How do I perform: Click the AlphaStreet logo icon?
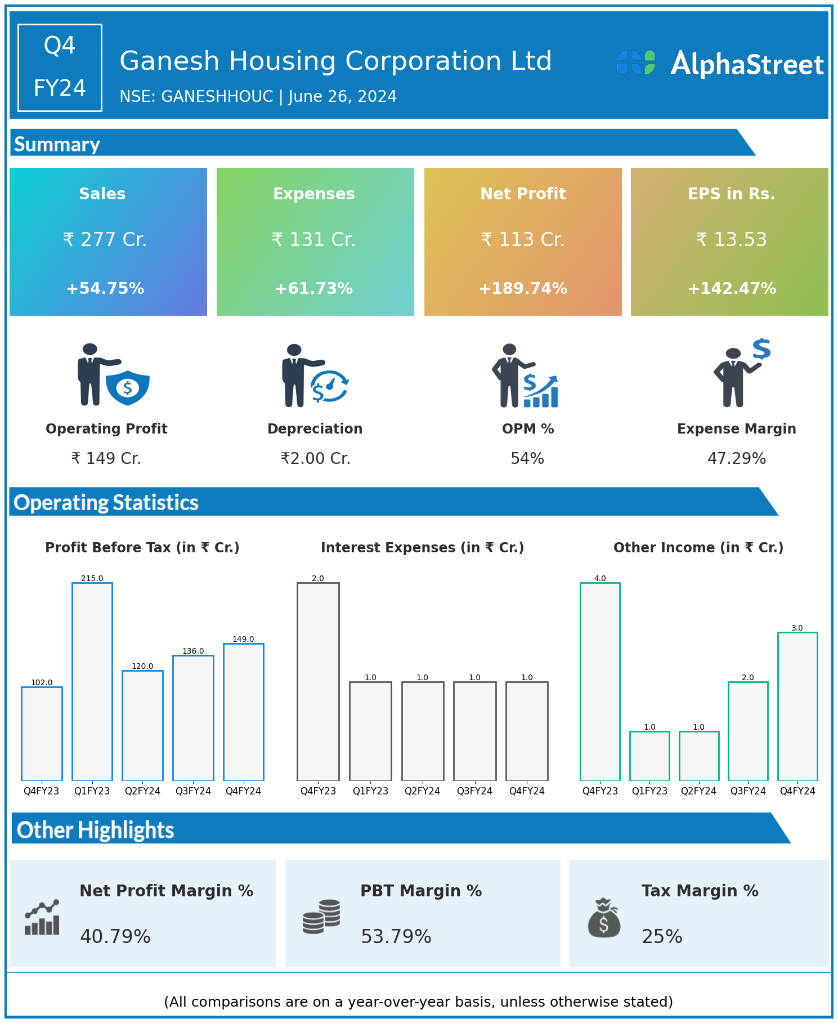(636, 62)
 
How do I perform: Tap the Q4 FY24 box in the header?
(60, 68)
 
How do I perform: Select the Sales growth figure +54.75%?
(105, 289)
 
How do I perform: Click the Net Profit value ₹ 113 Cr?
(523, 240)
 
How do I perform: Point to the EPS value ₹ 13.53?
(731, 240)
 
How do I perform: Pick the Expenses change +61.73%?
(314, 289)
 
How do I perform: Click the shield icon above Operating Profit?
(128, 387)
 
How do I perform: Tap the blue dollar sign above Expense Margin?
(761, 349)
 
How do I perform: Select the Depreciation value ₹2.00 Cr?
(315, 459)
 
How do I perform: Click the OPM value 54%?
(527, 459)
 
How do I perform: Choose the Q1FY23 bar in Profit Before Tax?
(92, 681)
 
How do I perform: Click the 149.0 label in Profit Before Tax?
(243, 639)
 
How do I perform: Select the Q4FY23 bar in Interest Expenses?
(318, 681)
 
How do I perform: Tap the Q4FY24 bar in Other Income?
(797, 706)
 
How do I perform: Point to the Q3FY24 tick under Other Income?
(748, 791)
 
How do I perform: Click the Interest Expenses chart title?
(422, 548)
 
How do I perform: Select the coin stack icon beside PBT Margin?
(321, 917)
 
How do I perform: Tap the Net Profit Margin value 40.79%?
(115, 936)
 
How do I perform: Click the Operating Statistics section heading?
(106, 502)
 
